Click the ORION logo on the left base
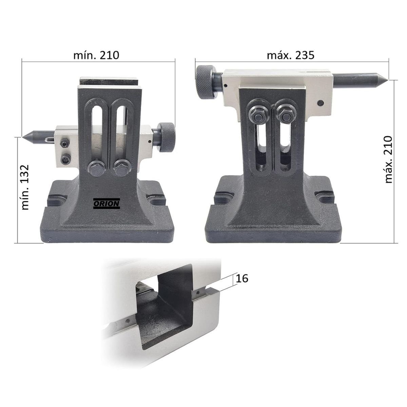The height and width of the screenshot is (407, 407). (106, 203)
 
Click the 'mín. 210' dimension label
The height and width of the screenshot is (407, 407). (96, 55)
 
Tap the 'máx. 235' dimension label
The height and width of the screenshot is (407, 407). (290, 55)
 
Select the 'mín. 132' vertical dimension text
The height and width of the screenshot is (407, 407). (25, 187)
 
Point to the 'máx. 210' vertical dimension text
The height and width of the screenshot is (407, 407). (388, 160)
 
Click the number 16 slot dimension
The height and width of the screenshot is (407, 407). (242, 278)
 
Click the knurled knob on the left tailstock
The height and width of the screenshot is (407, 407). (167, 137)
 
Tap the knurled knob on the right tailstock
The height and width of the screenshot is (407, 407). (205, 82)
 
